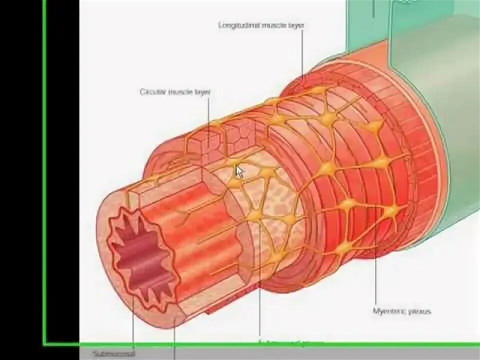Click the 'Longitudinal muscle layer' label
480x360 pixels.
point(261,25)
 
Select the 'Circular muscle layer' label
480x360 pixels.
point(175,92)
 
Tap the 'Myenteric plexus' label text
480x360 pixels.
point(401,311)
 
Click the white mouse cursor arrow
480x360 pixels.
point(239,171)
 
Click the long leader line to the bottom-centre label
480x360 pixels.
point(259,290)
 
